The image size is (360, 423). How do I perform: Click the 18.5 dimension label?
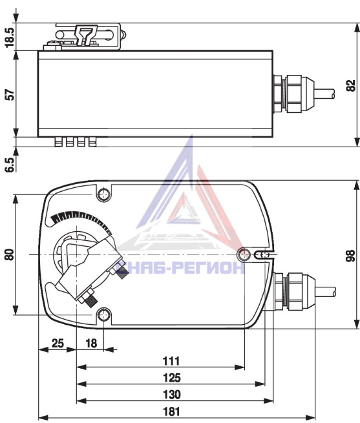tap(10, 37)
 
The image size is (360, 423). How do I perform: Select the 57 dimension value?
tap(10, 95)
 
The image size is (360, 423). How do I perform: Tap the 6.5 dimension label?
tap(10, 164)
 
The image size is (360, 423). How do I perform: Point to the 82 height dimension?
tap(351, 85)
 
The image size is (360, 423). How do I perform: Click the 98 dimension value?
tap(350, 256)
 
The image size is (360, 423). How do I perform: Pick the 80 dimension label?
tap(10, 254)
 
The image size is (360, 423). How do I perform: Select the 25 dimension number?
tap(58, 343)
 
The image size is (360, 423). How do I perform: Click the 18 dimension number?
tap(91, 343)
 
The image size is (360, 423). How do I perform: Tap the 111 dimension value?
tap(171, 361)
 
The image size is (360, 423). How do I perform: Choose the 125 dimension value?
tap(172, 378)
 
